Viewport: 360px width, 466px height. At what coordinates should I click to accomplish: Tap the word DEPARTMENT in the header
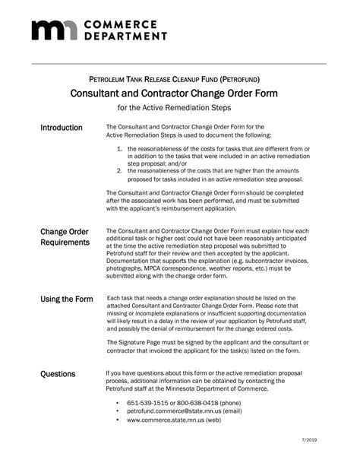pos(125,35)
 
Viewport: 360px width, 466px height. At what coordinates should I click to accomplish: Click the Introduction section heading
pos(62,128)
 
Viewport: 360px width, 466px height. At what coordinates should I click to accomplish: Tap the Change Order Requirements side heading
pos(64,236)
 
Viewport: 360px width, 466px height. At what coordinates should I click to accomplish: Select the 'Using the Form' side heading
pos(66,300)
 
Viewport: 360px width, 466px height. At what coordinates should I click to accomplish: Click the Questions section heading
pos(58,374)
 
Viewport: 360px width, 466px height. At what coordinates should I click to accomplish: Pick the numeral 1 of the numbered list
pos(120,149)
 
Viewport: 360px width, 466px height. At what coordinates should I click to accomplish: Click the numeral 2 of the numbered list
pos(120,170)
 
